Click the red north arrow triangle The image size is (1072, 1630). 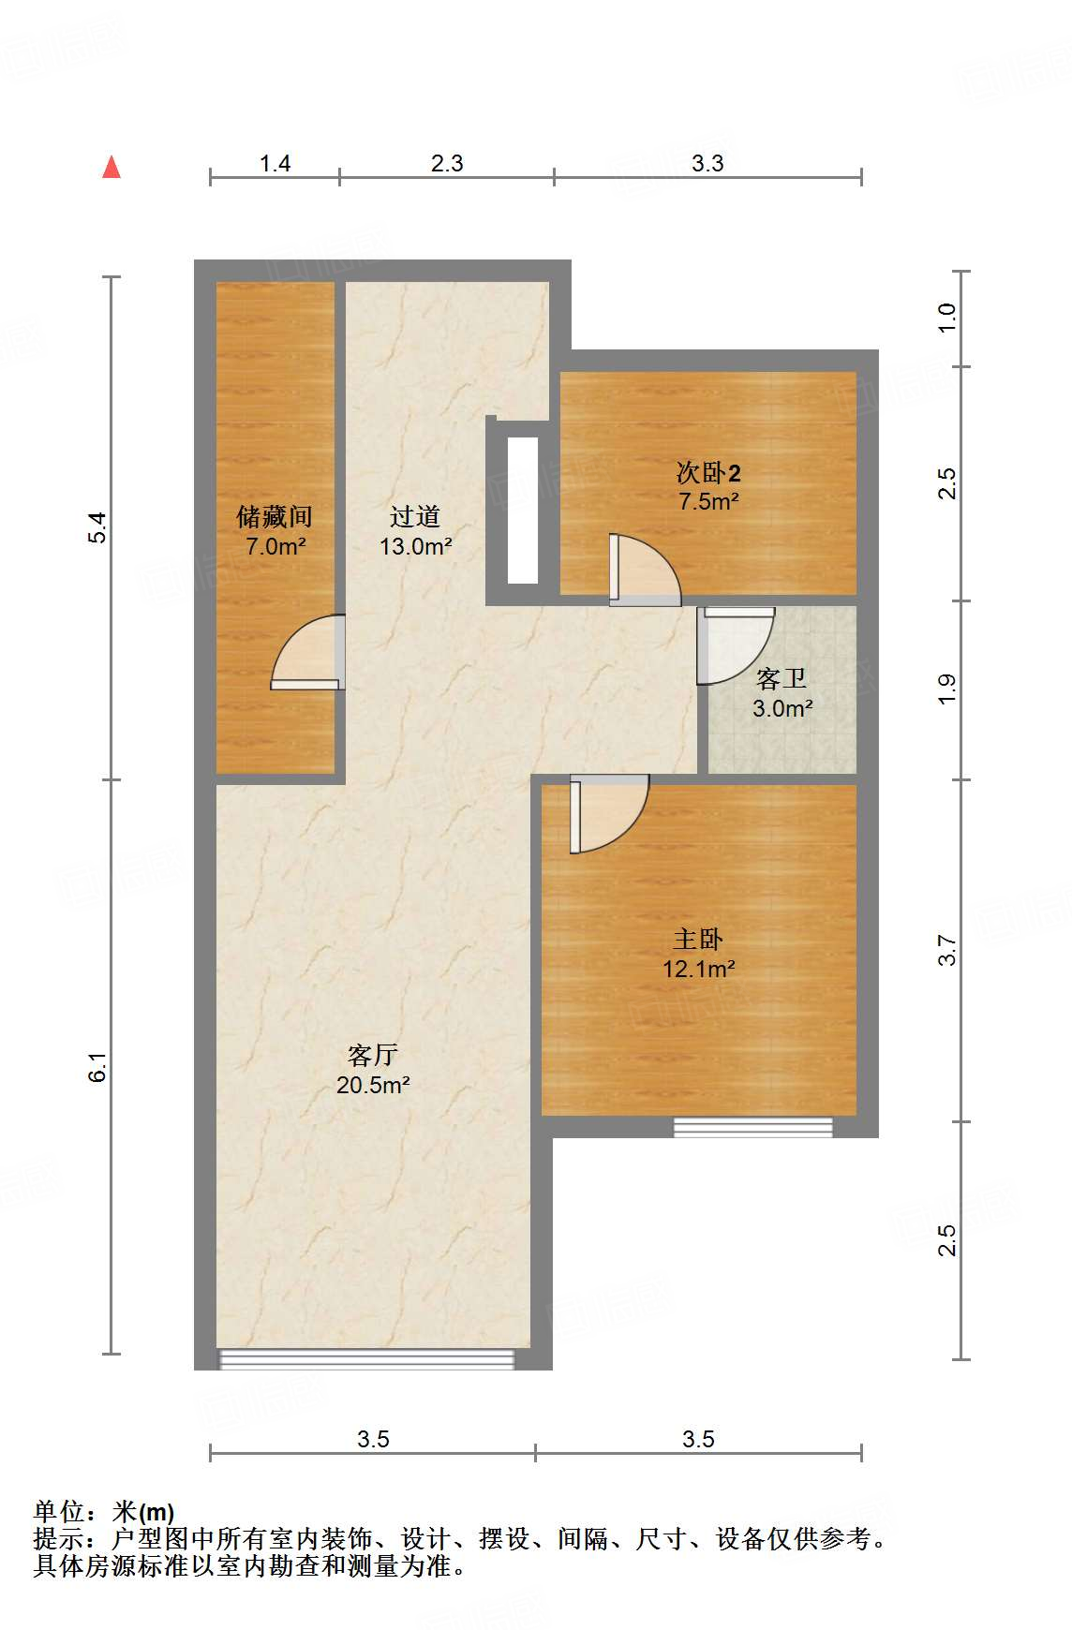[112, 167]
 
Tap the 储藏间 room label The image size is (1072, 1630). [274, 516]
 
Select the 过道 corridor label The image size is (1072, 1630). [415, 516]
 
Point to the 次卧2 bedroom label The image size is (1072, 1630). [708, 473]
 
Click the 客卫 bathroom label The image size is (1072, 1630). [782, 678]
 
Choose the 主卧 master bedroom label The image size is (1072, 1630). [698, 939]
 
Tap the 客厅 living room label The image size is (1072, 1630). [373, 1056]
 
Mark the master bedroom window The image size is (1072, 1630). [753, 1127]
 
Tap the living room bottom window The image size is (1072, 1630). [366, 1359]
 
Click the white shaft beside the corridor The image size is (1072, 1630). [523, 511]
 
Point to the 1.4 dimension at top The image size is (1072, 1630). [275, 164]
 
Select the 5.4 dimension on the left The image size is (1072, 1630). [98, 527]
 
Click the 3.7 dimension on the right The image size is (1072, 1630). [947, 950]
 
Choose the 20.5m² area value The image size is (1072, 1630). [373, 1086]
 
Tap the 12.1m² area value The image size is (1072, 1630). [698, 969]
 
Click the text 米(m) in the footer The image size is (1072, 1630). [143, 1512]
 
